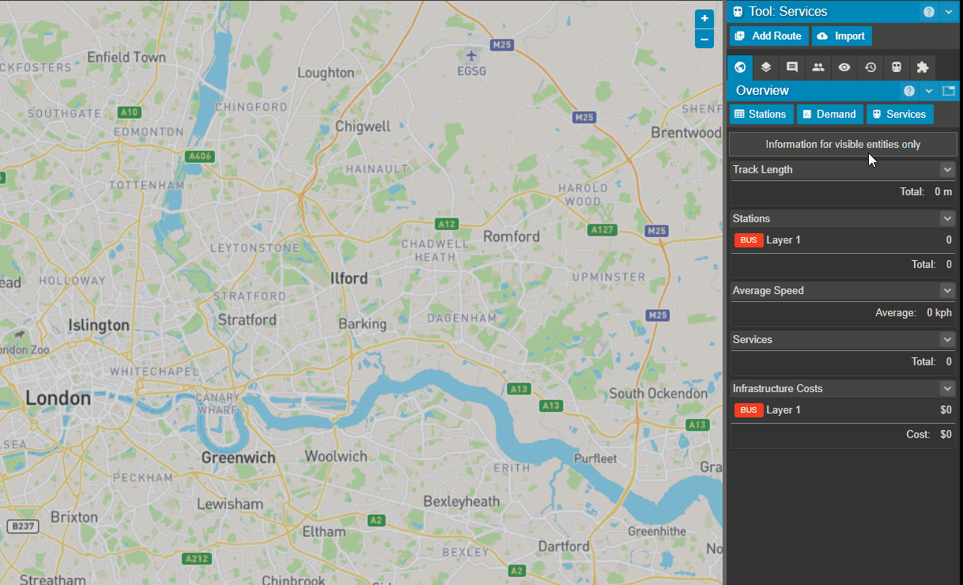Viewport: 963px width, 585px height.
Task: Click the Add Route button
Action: click(769, 36)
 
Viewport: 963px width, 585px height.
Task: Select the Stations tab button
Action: click(760, 115)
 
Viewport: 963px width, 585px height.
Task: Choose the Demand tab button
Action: click(829, 115)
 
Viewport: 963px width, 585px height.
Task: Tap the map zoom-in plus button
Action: click(704, 19)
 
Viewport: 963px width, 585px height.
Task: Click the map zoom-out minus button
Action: click(704, 39)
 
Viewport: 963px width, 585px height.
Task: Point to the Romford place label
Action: click(512, 236)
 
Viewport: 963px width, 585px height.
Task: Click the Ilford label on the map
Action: click(349, 278)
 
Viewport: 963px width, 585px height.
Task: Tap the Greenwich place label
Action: click(238, 458)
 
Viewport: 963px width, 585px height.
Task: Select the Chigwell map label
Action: click(363, 126)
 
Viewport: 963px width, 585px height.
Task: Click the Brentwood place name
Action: click(686, 133)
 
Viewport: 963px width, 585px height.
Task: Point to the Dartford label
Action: click(564, 546)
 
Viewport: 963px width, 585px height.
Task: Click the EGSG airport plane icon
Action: click(472, 56)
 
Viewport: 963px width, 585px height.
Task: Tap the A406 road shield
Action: click(198, 157)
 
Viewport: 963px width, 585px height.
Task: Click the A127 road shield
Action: click(602, 229)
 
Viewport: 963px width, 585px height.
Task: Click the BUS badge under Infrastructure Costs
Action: click(748, 410)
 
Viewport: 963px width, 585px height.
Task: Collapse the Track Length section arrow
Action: click(947, 170)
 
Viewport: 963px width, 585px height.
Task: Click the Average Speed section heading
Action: click(768, 291)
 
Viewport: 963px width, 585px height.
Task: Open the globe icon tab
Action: click(740, 68)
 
